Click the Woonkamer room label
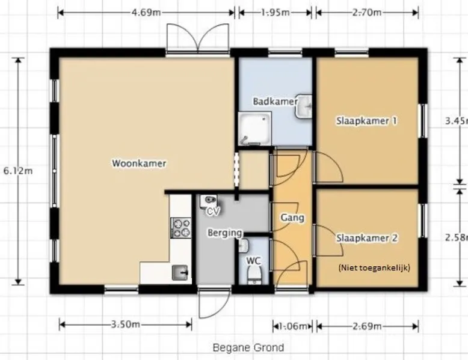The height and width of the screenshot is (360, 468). (x=139, y=163)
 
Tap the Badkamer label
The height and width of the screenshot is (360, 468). (x=275, y=102)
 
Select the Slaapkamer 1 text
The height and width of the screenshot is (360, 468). (x=367, y=121)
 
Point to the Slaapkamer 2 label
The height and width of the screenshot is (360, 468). (x=367, y=238)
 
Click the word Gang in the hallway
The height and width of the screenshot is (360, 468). (x=292, y=218)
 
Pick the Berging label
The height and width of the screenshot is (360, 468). (x=225, y=233)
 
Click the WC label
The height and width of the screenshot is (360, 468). (x=253, y=261)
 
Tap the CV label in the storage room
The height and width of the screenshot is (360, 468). (x=214, y=211)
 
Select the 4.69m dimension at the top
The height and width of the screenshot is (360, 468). (x=146, y=13)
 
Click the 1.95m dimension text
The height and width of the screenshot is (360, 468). (x=275, y=13)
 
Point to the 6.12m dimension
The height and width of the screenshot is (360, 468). (x=18, y=171)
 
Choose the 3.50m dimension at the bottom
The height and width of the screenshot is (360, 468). (x=125, y=324)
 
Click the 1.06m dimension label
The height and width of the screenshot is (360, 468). (x=293, y=326)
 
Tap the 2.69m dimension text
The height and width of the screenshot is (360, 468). (x=367, y=326)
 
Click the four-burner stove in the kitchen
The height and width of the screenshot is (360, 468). (x=181, y=228)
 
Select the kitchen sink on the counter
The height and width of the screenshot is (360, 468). (x=180, y=273)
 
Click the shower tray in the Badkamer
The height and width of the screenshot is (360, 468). (x=254, y=129)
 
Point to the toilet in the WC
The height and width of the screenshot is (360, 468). (x=254, y=275)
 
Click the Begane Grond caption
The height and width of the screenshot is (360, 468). (x=248, y=347)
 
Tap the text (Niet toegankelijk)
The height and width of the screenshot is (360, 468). (x=374, y=267)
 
